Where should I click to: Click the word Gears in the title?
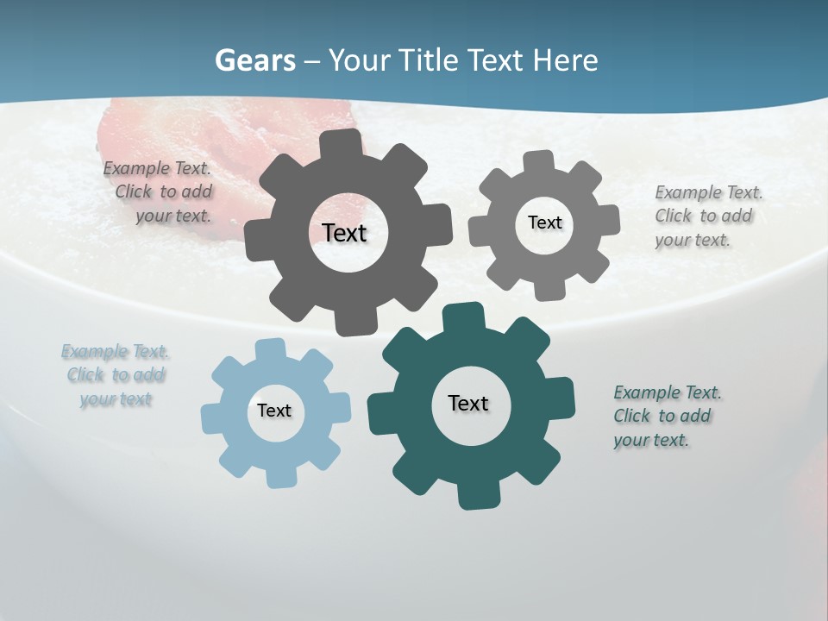click(x=254, y=60)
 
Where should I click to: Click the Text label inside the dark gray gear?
click(x=344, y=233)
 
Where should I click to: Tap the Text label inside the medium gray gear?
click(x=544, y=223)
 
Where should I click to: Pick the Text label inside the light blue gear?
click(x=274, y=411)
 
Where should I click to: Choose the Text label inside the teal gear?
click(x=468, y=403)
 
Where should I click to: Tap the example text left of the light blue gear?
click(x=116, y=375)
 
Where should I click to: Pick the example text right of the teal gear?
click(x=666, y=416)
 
